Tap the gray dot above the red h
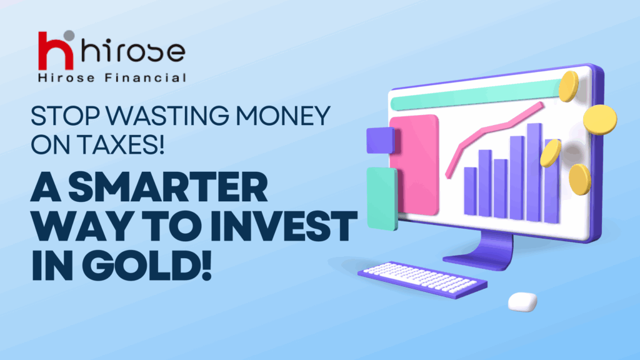69,36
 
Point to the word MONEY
283,116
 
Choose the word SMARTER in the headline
167,186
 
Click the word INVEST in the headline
284,226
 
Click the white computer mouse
522,302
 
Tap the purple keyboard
422,279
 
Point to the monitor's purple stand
485,252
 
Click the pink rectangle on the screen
415,165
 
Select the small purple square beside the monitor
381,141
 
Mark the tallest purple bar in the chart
534,172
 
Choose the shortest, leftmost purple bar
471,191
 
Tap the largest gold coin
600,119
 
